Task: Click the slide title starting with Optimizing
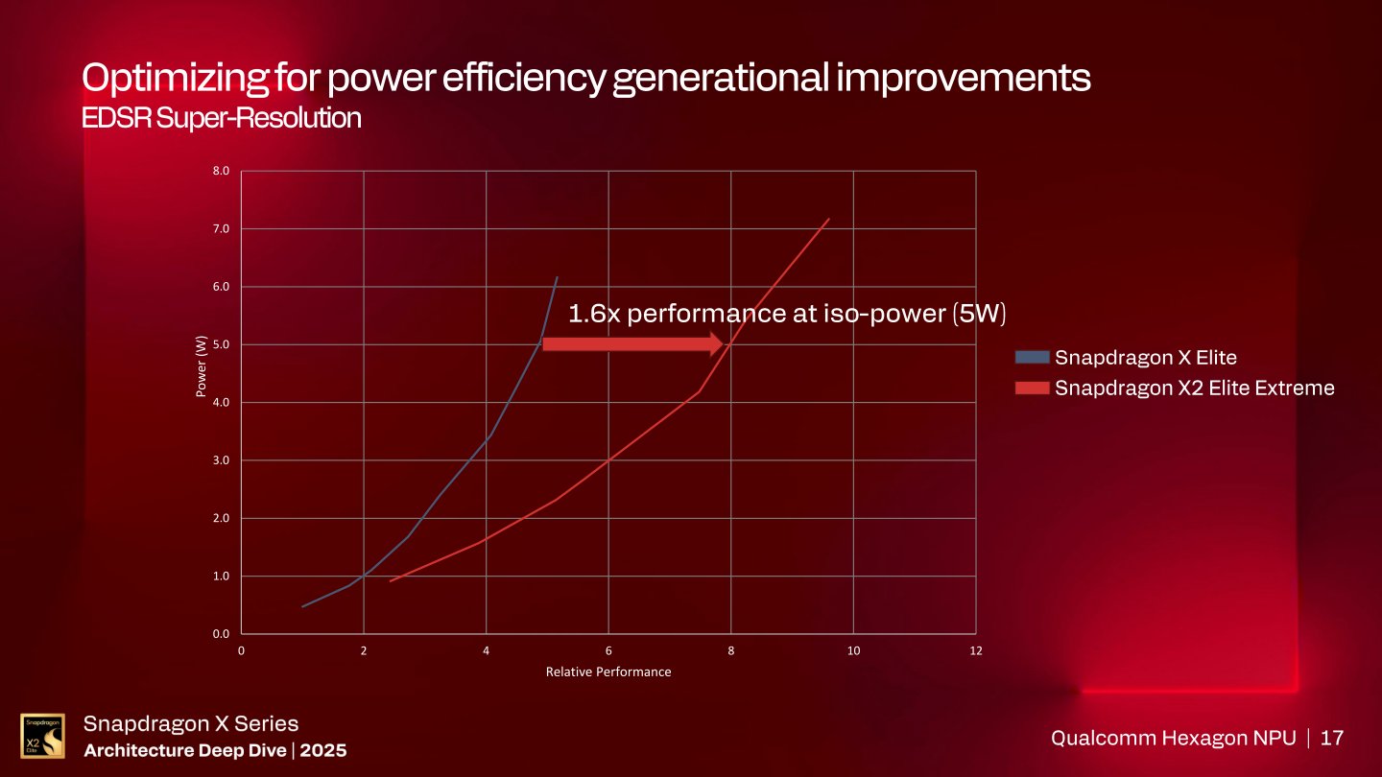click(585, 78)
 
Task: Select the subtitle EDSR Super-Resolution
click(222, 119)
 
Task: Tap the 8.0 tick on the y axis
click(221, 172)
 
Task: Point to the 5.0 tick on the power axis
click(221, 344)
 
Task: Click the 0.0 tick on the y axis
click(221, 634)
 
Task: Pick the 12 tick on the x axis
click(976, 650)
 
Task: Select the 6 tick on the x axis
click(608, 650)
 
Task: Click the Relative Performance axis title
click(608, 671)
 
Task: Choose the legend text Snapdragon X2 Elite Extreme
click(1194, 388)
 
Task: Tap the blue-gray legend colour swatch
click(1032, 358)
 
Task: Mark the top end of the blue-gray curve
click(558, 277)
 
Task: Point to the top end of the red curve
click(828, 219)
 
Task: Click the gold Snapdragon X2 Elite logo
click(43, 736)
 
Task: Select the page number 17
click(1332, 738)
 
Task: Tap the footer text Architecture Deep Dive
click(185, 750)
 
